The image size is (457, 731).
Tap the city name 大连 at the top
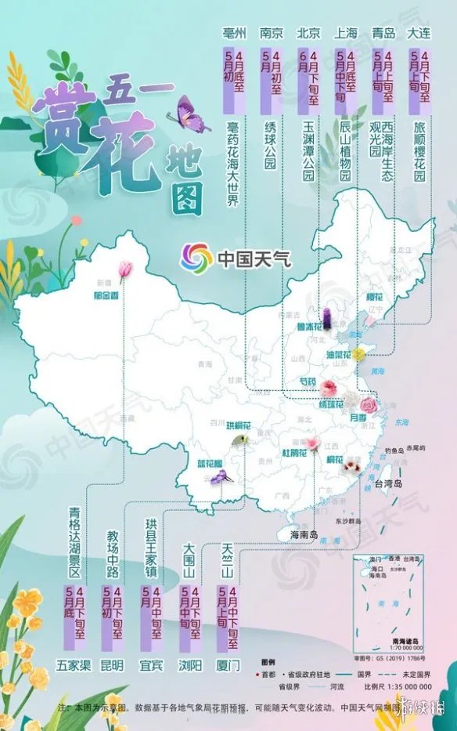coord(421,33)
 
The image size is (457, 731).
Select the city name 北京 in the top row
coord(308,33)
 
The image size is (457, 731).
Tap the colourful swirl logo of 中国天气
coord(196,258)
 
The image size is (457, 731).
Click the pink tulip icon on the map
coord(124,269)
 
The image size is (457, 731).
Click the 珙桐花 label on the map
coord(239,425)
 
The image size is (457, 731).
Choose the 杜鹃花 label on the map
coord(294,453)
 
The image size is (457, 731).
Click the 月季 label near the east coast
coord(358,419)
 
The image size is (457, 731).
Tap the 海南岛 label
coord(304,534)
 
